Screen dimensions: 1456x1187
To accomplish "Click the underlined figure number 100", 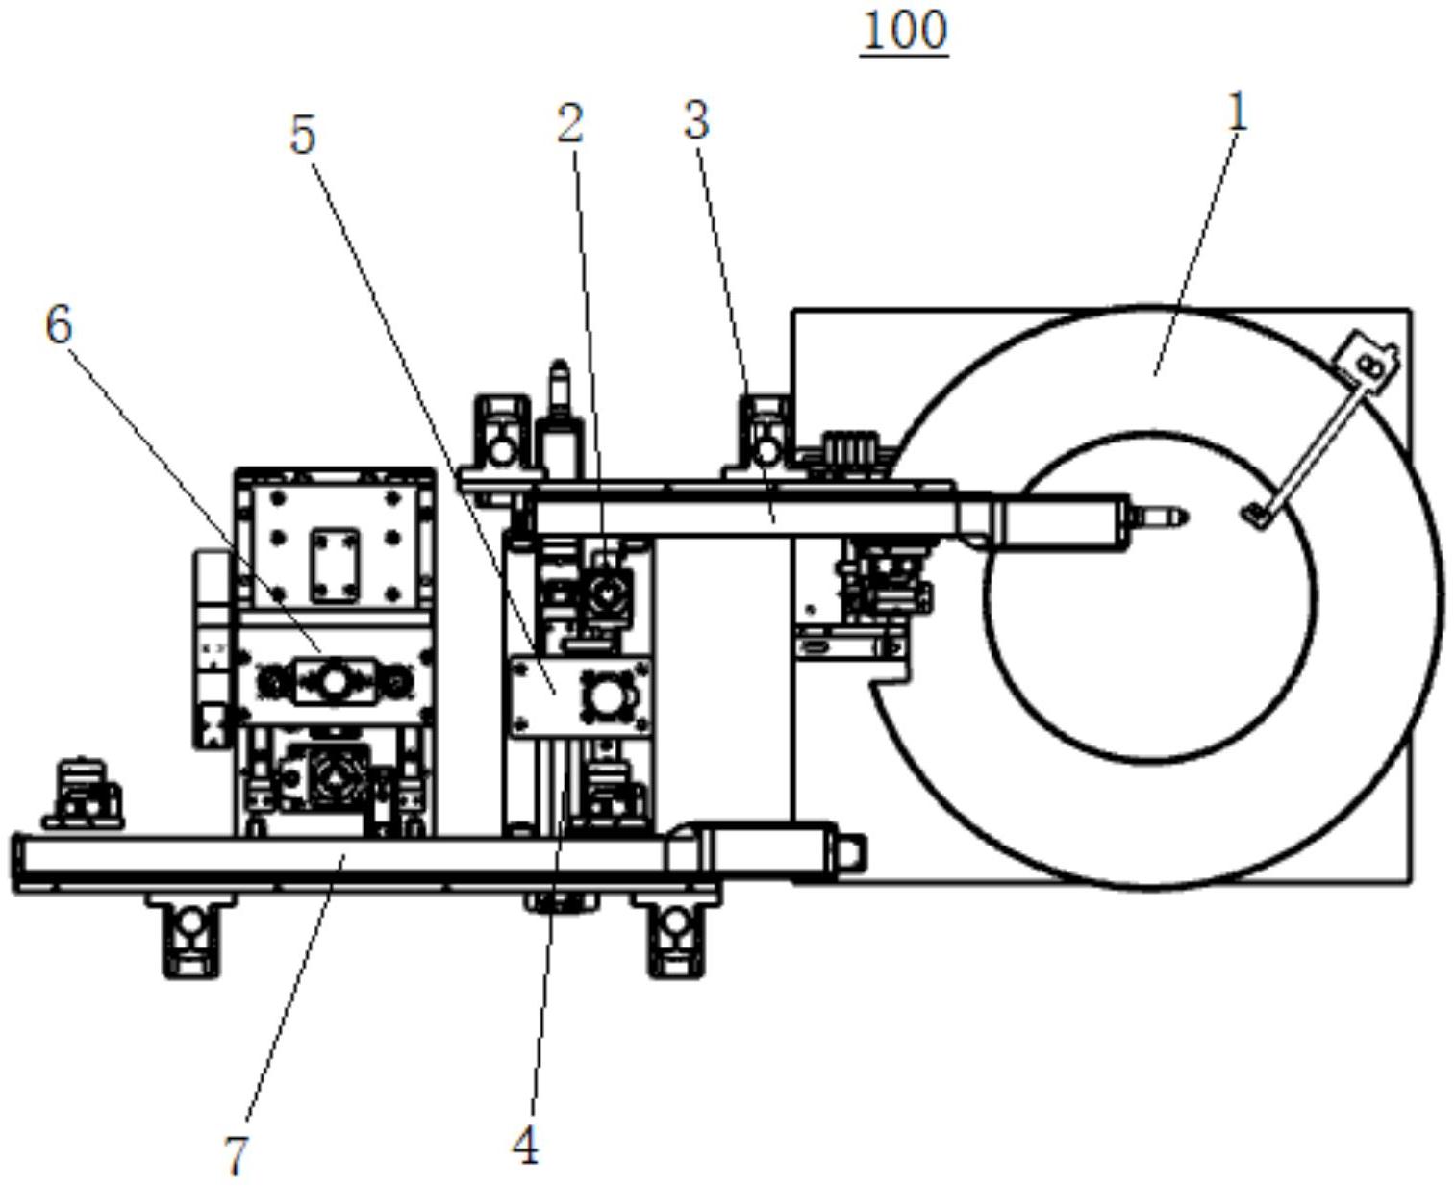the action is pos(904,31).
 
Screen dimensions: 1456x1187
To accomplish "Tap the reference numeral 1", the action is pos(1238,114).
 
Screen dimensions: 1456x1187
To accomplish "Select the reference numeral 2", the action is pos(571,123).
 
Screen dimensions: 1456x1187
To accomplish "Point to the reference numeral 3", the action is pos(697,120).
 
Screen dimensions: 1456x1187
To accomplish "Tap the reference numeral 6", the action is pos(59,325).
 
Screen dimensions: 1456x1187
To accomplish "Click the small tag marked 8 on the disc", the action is pos(1370,361).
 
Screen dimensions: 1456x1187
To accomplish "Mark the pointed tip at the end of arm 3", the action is pos(1188,518).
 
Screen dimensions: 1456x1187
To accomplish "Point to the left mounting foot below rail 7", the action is pos(192,935).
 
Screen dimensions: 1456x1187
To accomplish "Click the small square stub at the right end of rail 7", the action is pos(853,853).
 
